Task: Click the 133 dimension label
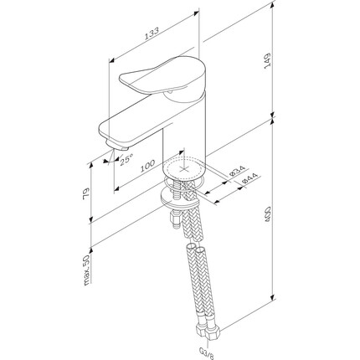pos(152,33)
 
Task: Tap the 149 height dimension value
pos(268,59)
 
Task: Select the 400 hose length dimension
pos(268,214)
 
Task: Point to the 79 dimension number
pos(86,193)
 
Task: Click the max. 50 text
pos(87,270)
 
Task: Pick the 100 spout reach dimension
pos(147,166)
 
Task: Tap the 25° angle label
pos(126,161)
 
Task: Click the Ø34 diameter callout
pos(237,170)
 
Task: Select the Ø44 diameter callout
pos(250,177)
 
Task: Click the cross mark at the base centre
pos(183,169)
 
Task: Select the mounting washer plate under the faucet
pos(179,198)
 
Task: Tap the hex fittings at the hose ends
pos(208,332)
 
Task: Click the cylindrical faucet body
pos(184,134)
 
